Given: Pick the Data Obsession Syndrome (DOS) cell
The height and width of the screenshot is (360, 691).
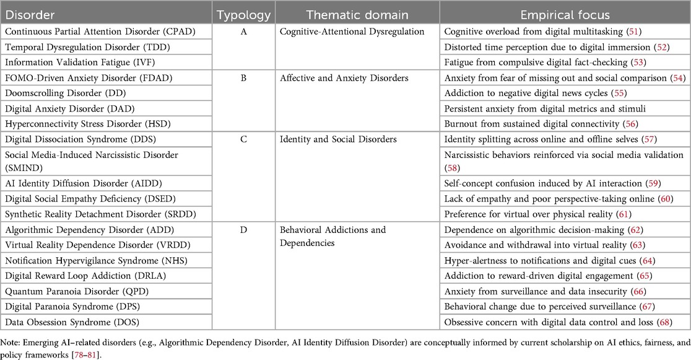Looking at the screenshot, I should pyautogui.click(x=69, y=322).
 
